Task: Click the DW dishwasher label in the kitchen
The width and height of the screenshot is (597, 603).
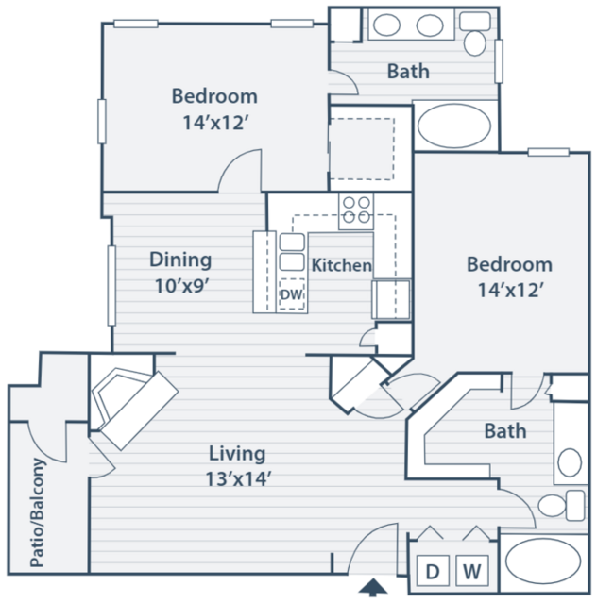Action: (291, 294)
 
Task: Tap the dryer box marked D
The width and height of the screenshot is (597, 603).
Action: (433, 570)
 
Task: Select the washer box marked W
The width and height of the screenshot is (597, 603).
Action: (472, 570)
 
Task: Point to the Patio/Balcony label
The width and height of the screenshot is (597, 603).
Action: (38, 512)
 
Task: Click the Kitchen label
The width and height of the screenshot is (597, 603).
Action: (341, 265)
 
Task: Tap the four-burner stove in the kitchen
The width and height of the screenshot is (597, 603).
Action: (356, 211)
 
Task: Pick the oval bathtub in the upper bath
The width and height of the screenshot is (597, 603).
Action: (454, 126)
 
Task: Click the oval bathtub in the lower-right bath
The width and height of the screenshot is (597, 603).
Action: (543, 561)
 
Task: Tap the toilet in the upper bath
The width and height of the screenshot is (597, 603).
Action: (475, 35)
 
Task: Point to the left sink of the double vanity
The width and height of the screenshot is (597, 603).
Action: (386, 25)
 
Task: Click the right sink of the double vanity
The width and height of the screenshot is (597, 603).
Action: (430, 25)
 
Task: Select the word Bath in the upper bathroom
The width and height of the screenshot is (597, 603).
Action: (408, 71)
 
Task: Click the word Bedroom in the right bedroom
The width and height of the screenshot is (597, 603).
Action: (510, 264)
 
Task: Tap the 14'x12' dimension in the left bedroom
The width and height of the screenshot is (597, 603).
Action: (215, 123)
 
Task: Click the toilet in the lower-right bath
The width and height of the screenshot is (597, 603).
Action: (562, 505)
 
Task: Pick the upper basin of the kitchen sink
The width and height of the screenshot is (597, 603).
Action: (292, 243)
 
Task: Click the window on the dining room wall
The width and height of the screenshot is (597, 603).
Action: (111, 286)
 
